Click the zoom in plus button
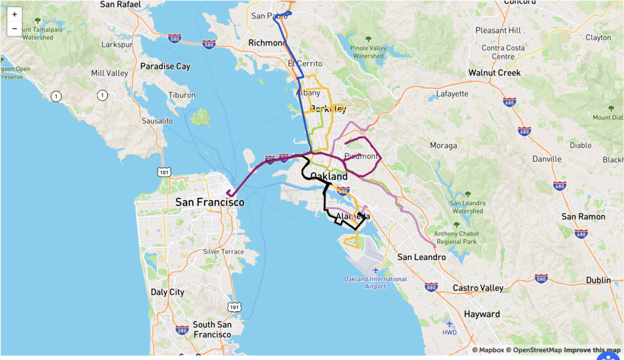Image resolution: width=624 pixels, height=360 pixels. pyautogui.click(x=15, y=14)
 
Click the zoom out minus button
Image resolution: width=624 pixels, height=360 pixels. pyautogui.click(x=15, y=29)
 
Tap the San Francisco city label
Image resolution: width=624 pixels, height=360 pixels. pyautogui.click(x=210, y=202)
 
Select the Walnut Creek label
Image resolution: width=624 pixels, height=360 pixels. pyautogui.click(x=494, y=73)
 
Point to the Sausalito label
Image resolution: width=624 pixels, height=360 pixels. pyautogui.click(x=157, y=121)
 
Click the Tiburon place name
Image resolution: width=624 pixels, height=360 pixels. pyautogui.click(x=182, y=96)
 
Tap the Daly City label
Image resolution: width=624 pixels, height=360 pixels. pyautogui.click(x=168, y=292)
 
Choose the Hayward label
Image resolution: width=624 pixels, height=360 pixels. pyautogui.click(x=481, y=314)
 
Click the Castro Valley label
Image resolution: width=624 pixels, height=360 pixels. pyautogui.click(x=478, y=288)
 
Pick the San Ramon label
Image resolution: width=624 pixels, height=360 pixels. pyautogui.click(x=583, y=217)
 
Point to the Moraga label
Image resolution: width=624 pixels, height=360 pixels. pyautogui.click(x=443, y=146)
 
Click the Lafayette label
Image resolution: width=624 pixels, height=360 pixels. pyautogui.click(x=452, y=94)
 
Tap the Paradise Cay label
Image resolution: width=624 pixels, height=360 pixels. pyautogui.click(x=165, y=66)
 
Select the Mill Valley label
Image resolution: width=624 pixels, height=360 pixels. pyautogui.click(x=109, y=73)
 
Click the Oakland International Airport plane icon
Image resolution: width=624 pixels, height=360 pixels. pyautogui.click(x=376, y=270)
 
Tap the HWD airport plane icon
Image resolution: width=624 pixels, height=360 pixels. pyautogui.click(x=450, y=324)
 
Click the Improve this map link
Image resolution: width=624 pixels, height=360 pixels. pyautogui.click(x=591, y=350)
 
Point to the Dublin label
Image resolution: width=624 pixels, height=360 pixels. pyautogui.click(x=598, y=280)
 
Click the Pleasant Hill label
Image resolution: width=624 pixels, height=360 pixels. pyautogui.click(x=498, y=30)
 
